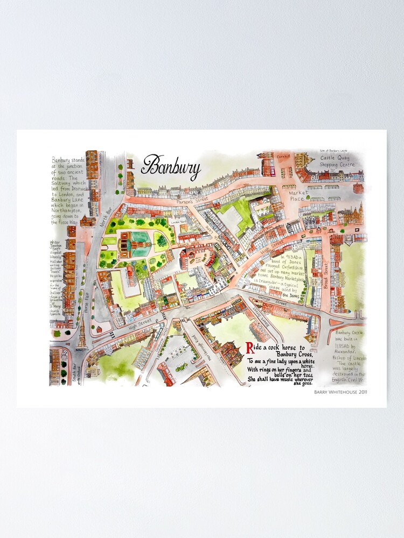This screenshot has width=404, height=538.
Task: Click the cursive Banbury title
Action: (171, 167)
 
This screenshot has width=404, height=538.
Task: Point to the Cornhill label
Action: (283, 157)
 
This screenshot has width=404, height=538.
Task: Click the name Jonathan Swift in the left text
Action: (57, 243)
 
